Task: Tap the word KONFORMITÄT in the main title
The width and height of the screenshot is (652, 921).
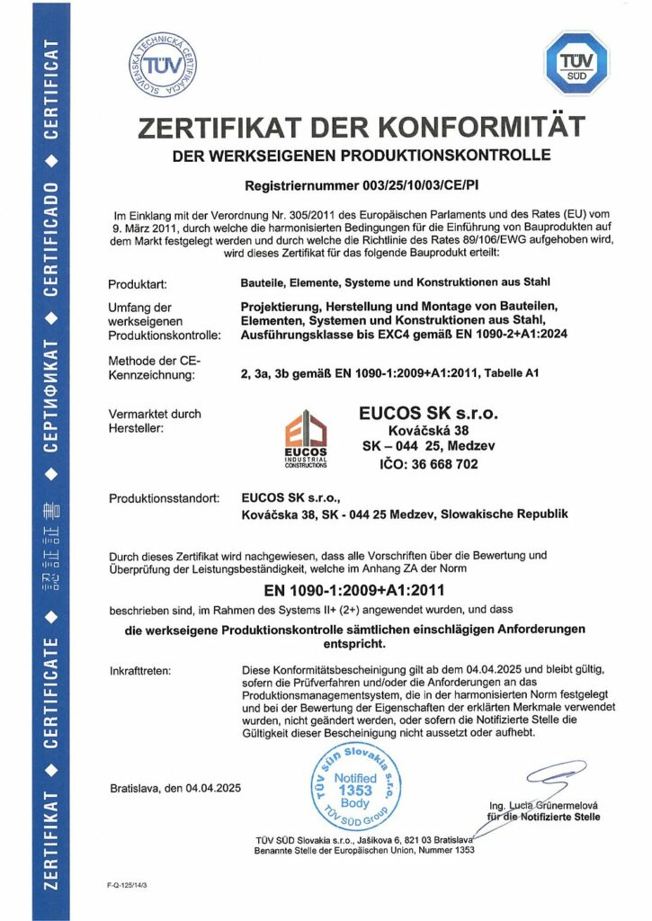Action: [x=476, y=126]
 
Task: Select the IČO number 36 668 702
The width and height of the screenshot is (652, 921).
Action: [x=428, y=464]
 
